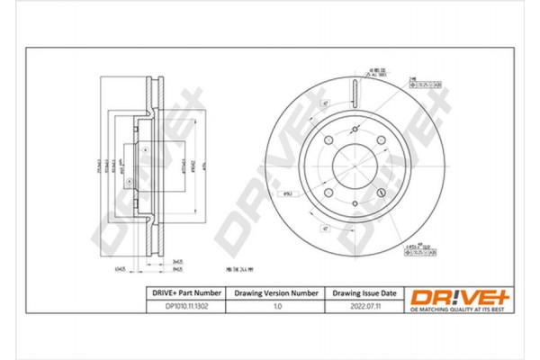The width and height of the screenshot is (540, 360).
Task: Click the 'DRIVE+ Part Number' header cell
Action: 184,293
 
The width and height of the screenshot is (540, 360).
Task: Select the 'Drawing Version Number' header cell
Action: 276,293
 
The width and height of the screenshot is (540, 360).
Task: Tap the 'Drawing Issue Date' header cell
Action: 364,293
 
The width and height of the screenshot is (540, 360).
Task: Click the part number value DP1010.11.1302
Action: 184,307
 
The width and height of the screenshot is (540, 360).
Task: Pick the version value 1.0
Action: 276,307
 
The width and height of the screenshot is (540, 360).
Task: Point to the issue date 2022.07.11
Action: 364,307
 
